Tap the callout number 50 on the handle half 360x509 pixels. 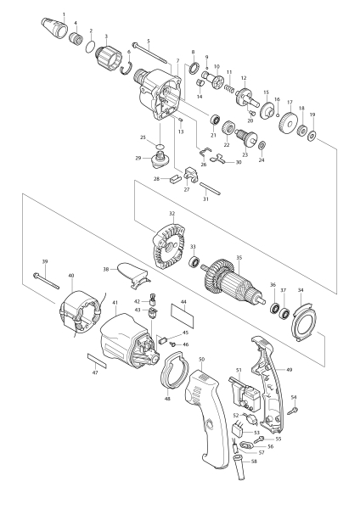(201, 361)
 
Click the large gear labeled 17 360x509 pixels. (290, 124)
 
